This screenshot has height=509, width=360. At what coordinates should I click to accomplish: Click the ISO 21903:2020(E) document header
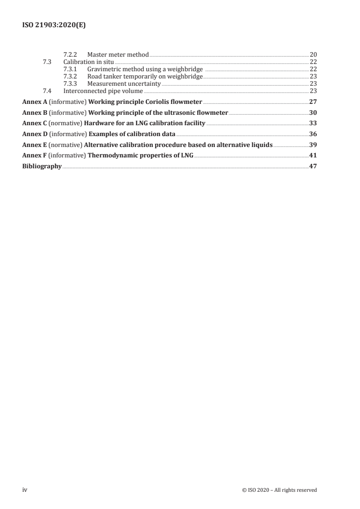coord(54,26)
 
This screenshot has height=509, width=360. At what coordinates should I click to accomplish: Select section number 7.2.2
coord(71,54)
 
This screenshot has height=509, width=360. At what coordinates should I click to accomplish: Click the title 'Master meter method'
coord(118,54)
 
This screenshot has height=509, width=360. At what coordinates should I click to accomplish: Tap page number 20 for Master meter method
coord(313,54)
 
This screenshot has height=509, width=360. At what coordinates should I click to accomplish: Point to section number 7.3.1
coord(71,69)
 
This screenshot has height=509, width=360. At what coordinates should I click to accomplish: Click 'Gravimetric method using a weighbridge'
coord(144,69)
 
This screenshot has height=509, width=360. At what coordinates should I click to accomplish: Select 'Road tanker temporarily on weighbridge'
coord(145,76)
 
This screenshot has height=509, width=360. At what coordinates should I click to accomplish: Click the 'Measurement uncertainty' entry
coord(124,83)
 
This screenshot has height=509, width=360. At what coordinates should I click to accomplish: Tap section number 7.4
coord(47,91)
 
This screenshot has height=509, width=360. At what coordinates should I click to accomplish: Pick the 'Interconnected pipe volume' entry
coord(103,91)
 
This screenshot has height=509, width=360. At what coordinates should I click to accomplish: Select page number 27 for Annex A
coord(313,102)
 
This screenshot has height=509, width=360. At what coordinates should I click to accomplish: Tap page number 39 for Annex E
coord(313,145)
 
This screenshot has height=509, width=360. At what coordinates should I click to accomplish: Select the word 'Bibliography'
coord(42,166)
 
